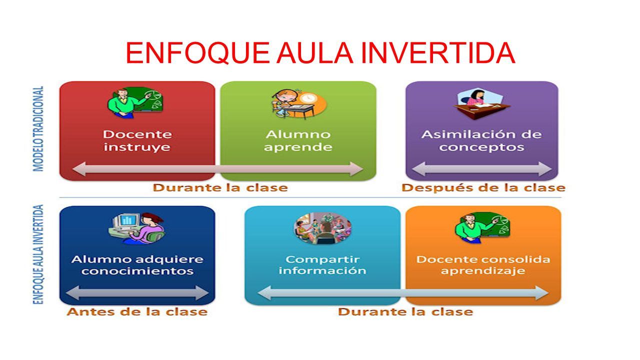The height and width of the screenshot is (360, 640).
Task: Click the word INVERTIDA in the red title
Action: pyautogui.click(x=437, y=53)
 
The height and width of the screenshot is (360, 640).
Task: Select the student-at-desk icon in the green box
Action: pyautogui.click(x=299, y=103)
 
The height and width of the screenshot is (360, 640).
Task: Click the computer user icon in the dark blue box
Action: pyautogui.click(x=136, y=228)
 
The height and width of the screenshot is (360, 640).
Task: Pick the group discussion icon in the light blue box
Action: pyautogui.click(x=322, y=228)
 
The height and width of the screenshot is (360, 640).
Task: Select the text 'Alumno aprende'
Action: pyautogui.click(x=298, y=140)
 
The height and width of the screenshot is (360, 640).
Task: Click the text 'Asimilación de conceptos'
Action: pyautogui.click(x=481, y=140)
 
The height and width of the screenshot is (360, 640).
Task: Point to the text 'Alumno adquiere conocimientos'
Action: pyautogui.click(x=137, y=265)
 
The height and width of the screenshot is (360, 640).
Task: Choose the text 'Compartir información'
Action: pyautogui.click(x=322, y=265)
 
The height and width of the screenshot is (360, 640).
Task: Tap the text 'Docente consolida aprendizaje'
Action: pyautogui.click(x=483, y=265)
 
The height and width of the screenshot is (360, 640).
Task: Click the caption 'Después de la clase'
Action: pyautogui.click(x=483, y=188)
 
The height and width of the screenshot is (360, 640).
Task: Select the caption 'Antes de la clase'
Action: pyautogui.click(x=137, y=312)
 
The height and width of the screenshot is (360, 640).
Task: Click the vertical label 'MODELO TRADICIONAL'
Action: pyautogui.click(x=38, y=128)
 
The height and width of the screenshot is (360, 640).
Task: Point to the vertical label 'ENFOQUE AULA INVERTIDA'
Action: pyautogui.click(x=38, y=253)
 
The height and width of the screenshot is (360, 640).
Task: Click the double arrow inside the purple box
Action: pyautogui.click(x=481, y=169)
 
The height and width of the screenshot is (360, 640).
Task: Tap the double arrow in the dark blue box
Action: pyautogui.click(x=137, y=293)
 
